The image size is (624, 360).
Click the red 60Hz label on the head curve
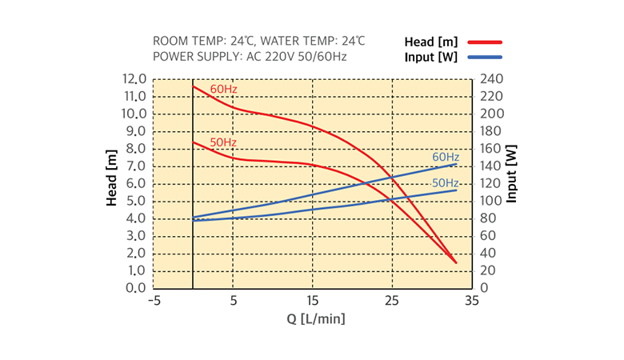pos(223,88)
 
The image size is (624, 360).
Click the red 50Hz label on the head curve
pos(223,142)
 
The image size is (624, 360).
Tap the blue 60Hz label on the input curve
pos(446,157)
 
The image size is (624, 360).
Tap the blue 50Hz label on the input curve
pos(446,183)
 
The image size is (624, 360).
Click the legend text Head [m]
pos(430,42)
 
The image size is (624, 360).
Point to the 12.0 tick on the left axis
pos(134,79)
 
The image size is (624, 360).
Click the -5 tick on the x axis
pos(153,302)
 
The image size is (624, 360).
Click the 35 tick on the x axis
pos(471,302)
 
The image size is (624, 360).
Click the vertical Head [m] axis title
pos(113,178)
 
